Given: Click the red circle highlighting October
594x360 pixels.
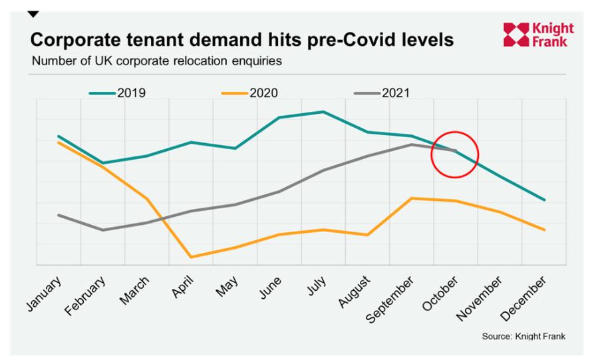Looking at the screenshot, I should pos(455,154).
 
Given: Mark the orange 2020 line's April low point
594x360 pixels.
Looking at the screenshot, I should pos(192,257).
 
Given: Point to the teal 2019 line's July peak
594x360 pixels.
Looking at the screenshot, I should pos(323,112).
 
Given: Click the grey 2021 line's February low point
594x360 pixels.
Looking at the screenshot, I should pos(102,230).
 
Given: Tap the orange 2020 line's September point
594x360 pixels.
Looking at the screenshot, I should pos(412,198).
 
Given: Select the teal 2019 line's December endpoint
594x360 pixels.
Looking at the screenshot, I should pos(545,200).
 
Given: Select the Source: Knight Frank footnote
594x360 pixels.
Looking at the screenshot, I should pos(523,337).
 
